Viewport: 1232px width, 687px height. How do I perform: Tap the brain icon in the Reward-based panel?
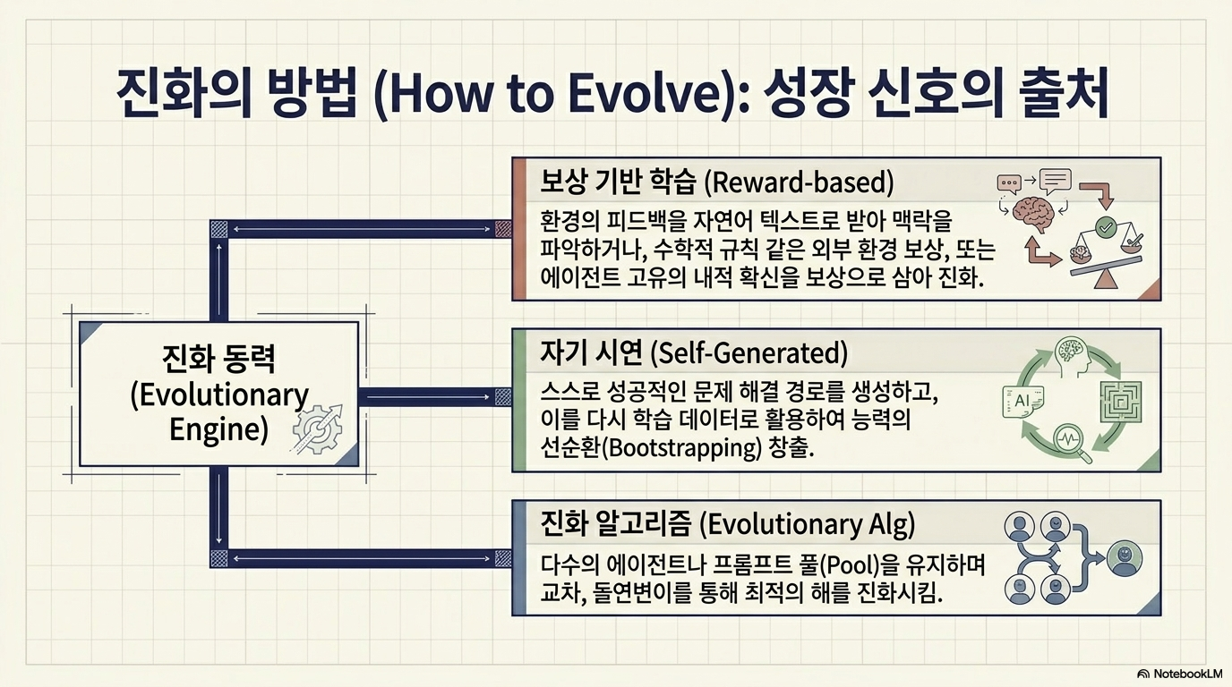(x=1034, y=213)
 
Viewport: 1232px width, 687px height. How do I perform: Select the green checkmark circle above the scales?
(x=1104, y=226)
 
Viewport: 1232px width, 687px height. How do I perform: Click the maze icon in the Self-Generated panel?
(x=1120, y=402)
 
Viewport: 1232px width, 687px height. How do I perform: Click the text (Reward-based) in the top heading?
(x=800, y=182)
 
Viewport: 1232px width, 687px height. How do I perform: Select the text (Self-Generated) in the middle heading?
(x=749, y=352)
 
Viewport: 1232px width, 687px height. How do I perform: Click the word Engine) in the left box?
(x=218, y=428)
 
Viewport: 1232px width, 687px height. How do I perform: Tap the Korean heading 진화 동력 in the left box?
(x=218, y=360)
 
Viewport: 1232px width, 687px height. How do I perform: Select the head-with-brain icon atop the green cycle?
(x=1073, y=354)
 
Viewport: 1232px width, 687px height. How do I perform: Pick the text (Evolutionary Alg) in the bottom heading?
(x=808, y=524)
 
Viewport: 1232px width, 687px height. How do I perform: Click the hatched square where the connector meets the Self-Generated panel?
(x=502, y=397)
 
